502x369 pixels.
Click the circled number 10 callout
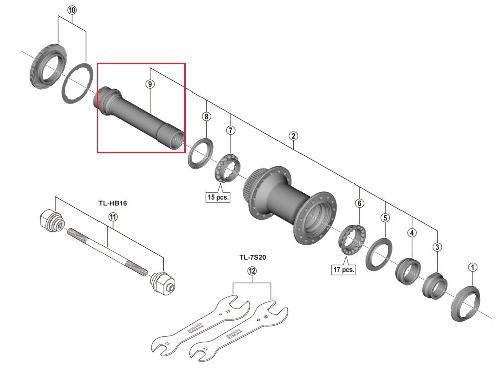click(72, 10)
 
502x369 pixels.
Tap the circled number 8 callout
click(206, 117)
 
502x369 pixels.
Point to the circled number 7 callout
click(231, 131)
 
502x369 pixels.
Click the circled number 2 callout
click(293, 136)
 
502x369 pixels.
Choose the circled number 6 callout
click(359, 204)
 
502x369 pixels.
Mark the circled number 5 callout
click(385, 218)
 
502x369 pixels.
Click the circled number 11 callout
click(112, 217)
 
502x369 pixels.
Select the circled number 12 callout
click(252, 271)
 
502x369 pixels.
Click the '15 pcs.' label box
click(218, 197)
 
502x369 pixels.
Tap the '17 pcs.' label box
click(344, 270)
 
